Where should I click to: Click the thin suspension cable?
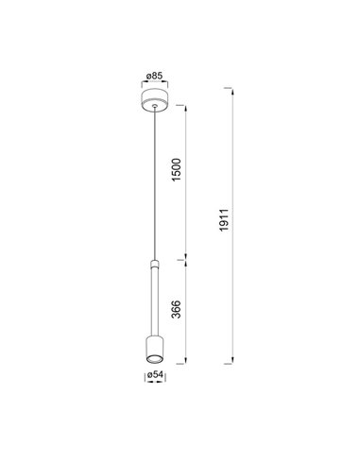[x=151, y=180]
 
